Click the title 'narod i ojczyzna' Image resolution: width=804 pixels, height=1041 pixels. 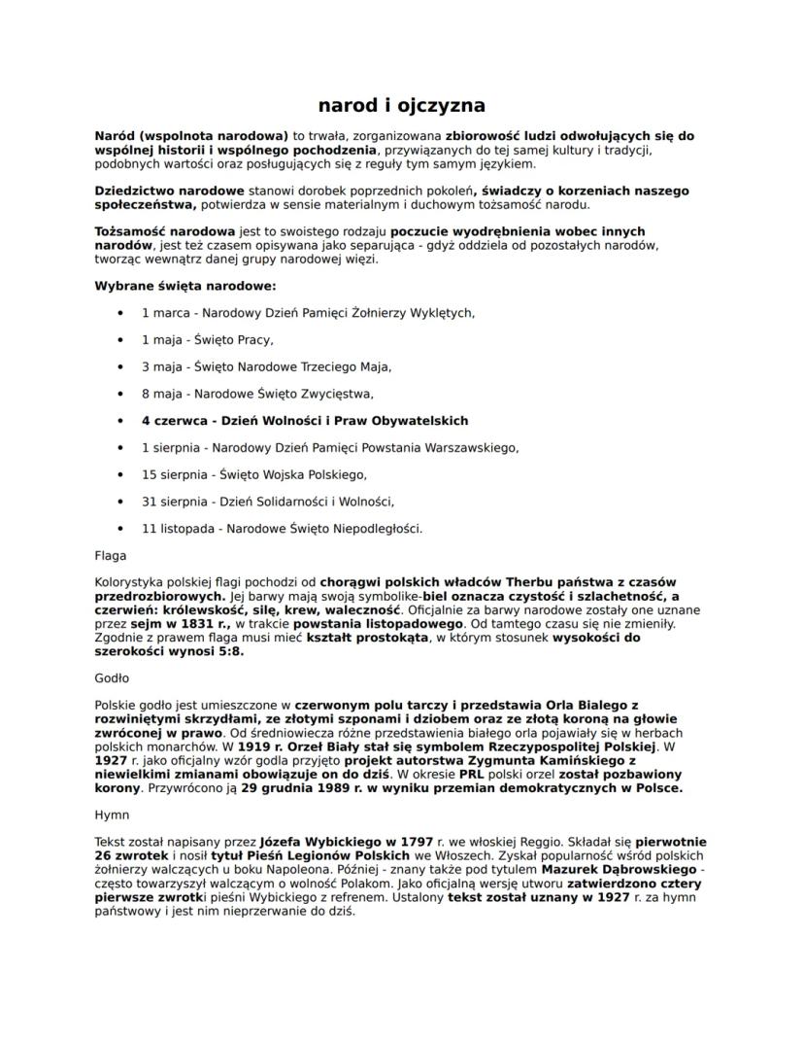[x=401, y=104]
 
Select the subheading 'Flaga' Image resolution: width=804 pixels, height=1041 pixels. [x=110, y=556]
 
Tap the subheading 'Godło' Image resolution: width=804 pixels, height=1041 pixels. [x=112, y=678]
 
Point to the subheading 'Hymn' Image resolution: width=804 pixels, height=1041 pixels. [x=111, y=814]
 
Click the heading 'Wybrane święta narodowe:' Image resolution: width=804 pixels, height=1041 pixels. [x=184, y=286]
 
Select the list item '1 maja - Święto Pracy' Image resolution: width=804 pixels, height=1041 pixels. [x=207, y=340]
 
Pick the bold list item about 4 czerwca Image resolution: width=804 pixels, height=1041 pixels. [x=304, y=421]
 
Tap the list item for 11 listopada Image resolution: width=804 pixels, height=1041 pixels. [x=282, y=529]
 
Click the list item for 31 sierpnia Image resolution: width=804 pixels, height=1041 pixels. [x=267, y=502]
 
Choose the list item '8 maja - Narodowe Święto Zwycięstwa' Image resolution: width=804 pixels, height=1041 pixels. [x=257, y=394]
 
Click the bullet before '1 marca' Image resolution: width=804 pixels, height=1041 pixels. [x=120, y=313]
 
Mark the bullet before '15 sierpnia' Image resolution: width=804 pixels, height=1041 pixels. [x=120, y=474]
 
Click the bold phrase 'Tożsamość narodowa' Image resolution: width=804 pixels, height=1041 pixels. [x=164, y=231]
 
